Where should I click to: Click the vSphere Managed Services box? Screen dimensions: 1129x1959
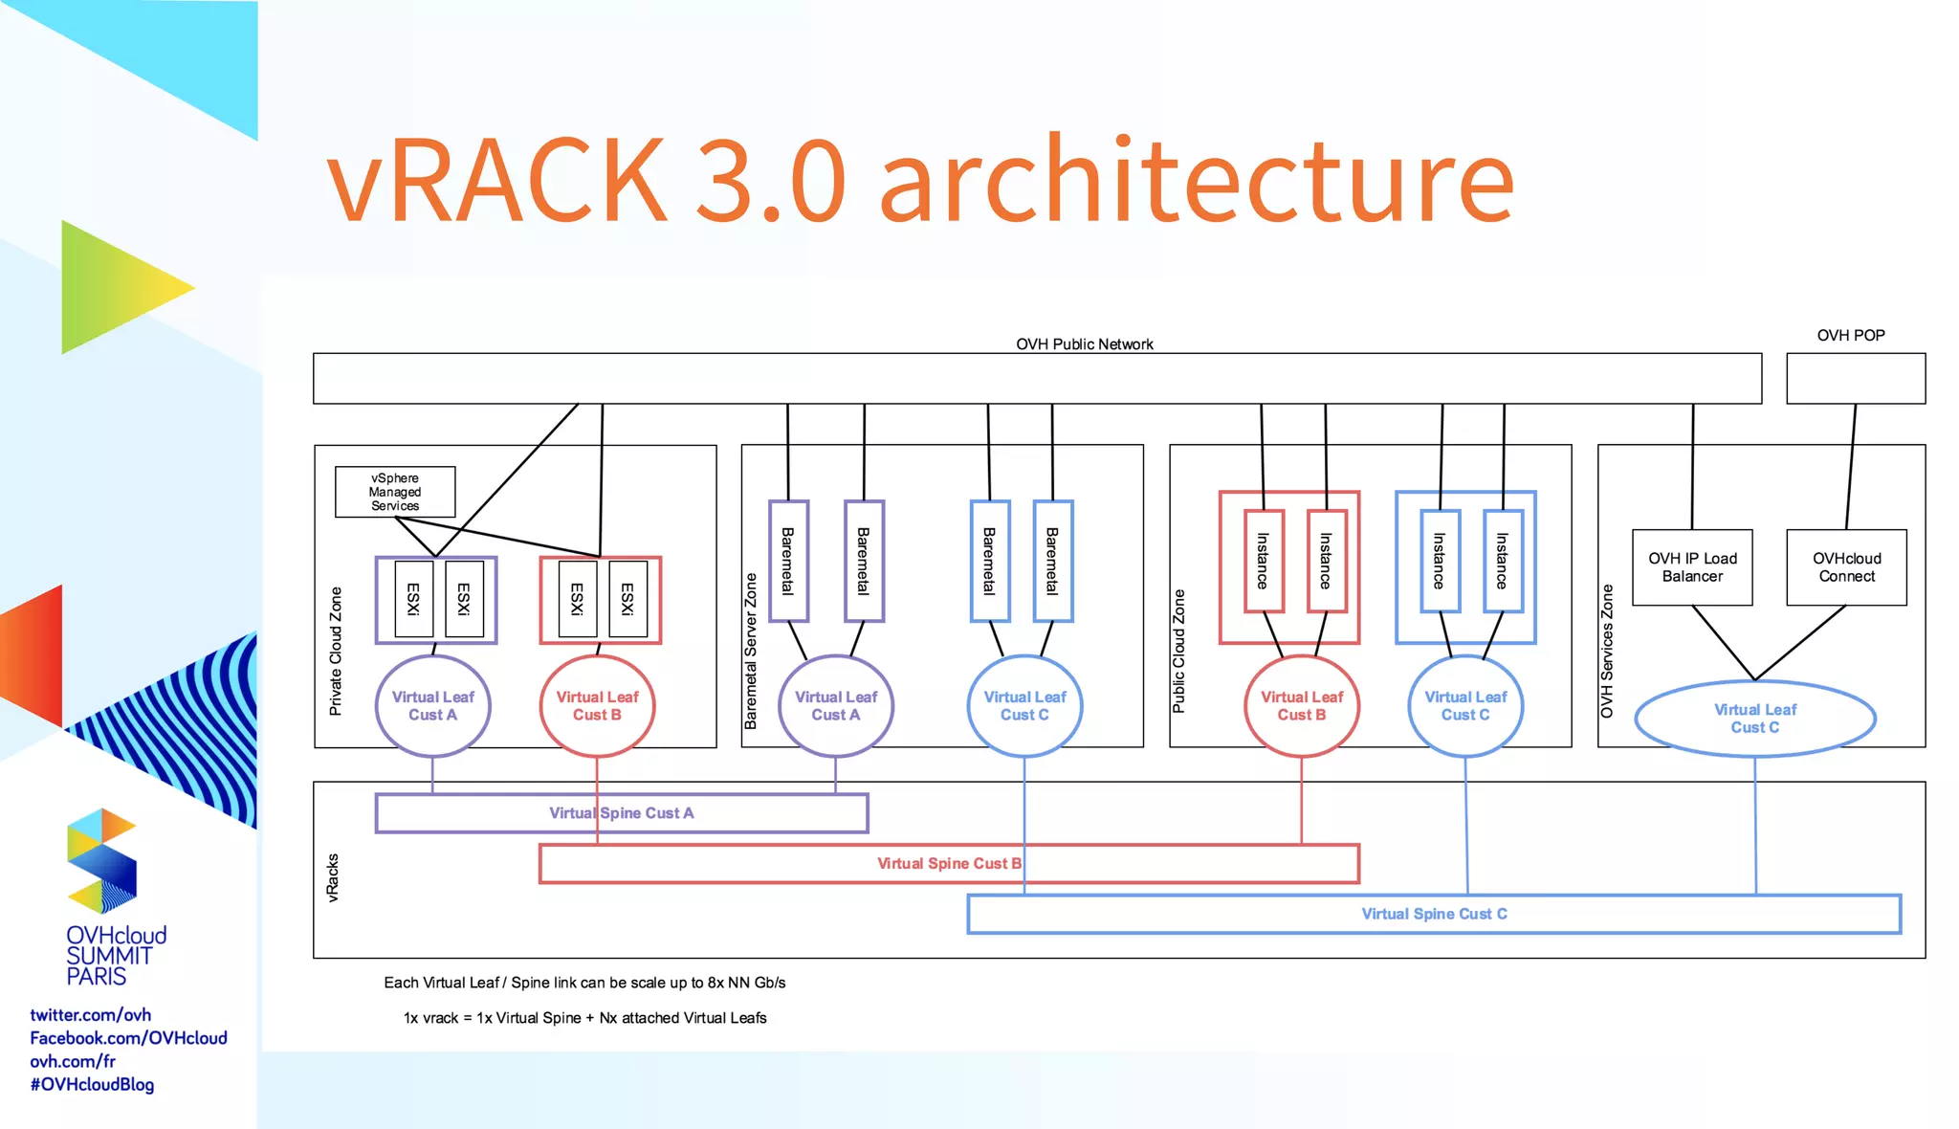[395, 492]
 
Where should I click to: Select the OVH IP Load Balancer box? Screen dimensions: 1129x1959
[1692, 567]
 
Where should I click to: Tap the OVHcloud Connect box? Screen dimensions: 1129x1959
[1846, 567]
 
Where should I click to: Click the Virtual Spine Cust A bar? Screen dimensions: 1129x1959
[622, 813]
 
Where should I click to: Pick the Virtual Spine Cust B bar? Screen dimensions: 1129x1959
[949, 864]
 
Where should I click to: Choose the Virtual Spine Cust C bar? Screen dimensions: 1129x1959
[1433, 915]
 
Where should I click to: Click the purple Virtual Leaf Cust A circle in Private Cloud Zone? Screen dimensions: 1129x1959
[432, 706]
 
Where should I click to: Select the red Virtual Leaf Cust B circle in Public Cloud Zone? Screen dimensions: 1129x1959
[1301, 706]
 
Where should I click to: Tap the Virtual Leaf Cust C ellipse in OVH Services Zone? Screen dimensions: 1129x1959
[1754, 719]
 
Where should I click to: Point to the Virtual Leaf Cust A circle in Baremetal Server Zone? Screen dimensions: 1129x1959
[835, 706]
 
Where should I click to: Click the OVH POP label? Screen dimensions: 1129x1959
[1850, 336]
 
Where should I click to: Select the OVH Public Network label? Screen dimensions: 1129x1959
[1084, 344]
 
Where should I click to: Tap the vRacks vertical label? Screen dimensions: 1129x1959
[333, 877]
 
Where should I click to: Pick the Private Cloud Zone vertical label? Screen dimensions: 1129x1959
[336, 651]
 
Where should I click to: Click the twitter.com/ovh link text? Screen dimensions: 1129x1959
[90, 1015]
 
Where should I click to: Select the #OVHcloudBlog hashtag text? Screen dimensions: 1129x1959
[92, 1085]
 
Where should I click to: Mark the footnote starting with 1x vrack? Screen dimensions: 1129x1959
[584, 1018]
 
